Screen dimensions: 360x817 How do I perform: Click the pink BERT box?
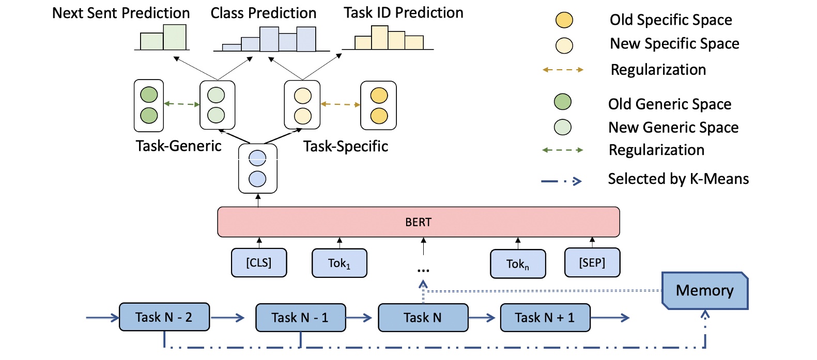418,222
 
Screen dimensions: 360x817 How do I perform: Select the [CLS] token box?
258,262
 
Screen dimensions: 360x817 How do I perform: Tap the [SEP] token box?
592,262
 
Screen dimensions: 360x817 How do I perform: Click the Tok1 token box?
339,263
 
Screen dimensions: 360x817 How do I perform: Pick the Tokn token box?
517,264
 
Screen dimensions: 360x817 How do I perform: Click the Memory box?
704,291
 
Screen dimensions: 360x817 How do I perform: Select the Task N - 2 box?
164,317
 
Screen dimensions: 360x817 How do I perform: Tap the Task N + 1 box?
545,318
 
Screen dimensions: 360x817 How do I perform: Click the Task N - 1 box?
300,318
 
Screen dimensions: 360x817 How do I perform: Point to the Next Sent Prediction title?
121,13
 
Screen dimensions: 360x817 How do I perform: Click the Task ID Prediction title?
403,13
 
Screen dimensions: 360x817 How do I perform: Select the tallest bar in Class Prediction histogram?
269,39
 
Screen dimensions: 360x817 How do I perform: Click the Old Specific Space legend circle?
564,20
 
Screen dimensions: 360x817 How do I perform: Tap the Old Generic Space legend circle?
562,102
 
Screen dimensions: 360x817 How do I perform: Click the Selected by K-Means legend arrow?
561,181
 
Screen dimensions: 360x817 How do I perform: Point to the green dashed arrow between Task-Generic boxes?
181,104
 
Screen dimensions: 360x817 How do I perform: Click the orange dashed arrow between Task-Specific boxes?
340,104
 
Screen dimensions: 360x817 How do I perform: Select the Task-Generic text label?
178,146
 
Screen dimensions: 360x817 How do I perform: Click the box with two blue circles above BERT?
257,169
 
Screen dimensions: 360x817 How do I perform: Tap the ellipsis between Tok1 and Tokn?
423,270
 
